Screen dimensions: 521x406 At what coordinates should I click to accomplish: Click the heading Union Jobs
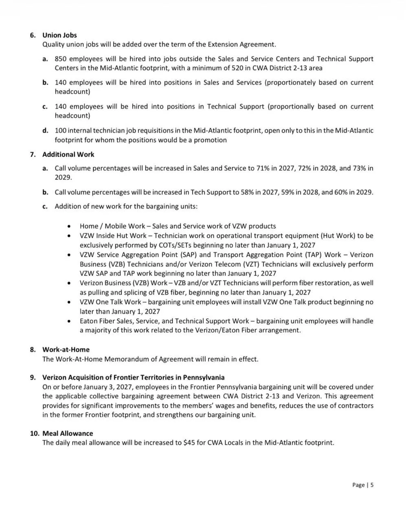pyautogui.click(x=59, y=35)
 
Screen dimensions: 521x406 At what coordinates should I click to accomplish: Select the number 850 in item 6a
pyautogui.click(x=61, y=59)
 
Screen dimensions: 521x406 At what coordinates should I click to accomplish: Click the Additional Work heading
pyautogui.click(x=68, y=154)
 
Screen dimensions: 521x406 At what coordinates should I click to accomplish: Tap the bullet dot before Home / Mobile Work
pyautogui.click(x=71, y=226)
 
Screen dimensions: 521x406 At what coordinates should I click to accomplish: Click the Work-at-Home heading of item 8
pyautogui.click(x=66, y=349)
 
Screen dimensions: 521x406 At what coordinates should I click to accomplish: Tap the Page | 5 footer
pyautogui.click(x=363, y=485)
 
